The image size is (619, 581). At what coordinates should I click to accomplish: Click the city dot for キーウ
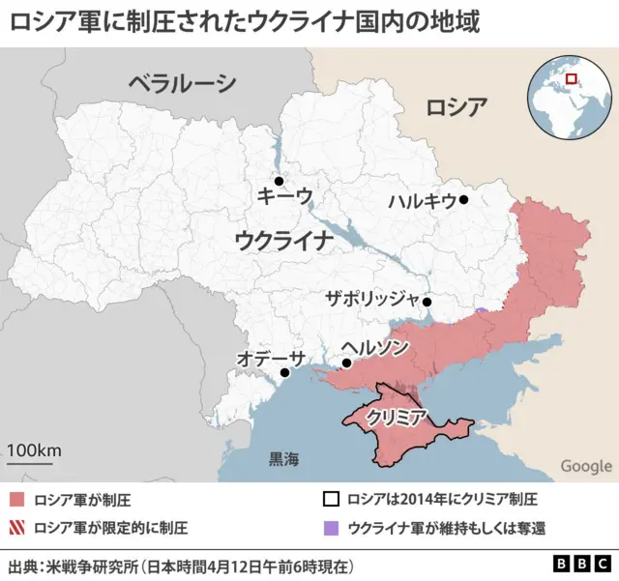[x=279, y=181]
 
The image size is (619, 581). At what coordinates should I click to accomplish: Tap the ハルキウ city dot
[x=464, y=200]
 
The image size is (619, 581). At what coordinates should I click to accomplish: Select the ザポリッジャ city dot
[x=427, y=302]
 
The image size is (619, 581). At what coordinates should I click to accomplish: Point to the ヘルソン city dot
[x=346, y=363]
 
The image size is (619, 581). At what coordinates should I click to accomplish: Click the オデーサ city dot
[x=284, y=372]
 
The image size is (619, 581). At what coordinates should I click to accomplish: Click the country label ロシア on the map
[x=457, y=106]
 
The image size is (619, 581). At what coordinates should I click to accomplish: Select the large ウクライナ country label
[x=283, y=240]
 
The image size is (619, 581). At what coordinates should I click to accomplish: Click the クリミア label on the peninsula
[x=397, y=418]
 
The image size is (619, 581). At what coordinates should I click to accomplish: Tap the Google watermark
[x=586, y=466]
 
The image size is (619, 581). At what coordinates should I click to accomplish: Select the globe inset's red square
[x=572, y=79]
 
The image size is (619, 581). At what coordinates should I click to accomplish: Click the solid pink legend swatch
[x=17, y=500]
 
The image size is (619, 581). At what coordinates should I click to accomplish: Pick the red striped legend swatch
[x=17, y=528]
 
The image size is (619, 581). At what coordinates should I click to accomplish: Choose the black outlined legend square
[x=331, y=500]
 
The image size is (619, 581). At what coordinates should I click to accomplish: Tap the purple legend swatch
[x=331, y=528]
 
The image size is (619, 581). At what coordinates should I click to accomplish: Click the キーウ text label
[x=284, y=197]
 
